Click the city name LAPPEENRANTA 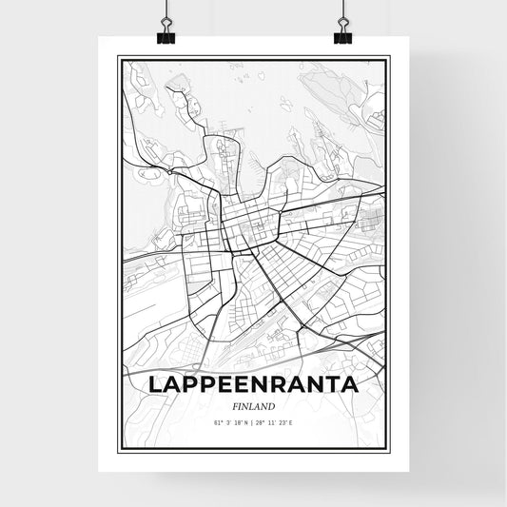252,385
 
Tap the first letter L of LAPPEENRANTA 155,385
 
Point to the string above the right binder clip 341,10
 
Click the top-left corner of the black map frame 118,58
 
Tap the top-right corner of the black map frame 388,58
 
